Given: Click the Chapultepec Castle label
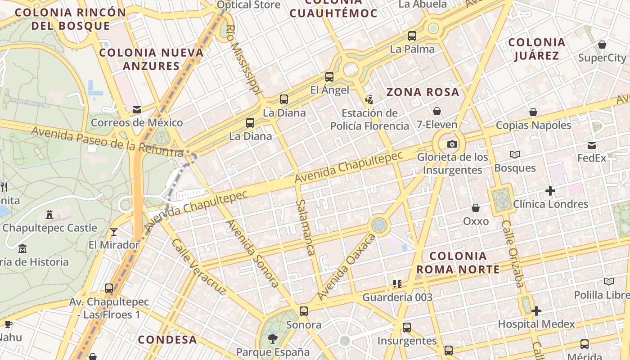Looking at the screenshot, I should (x=49, y=228).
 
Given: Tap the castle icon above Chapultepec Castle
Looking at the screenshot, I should (x=49, y=215).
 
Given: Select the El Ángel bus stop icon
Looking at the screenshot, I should (x=329, y=77).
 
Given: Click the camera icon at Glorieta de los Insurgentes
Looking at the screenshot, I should (x=452, y=144).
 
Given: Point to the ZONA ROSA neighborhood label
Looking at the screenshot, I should (x=423, y=92).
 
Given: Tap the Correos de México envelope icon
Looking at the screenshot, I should (x=137, y=109).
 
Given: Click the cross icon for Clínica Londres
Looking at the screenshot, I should (x=550, y=191).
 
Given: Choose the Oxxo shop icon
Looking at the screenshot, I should (x=476, y=208).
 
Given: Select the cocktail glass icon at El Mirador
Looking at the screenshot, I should (x=114, y=232).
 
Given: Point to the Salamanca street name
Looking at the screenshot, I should (x=305, y=228).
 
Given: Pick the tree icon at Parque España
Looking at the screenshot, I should (x=272, y=338).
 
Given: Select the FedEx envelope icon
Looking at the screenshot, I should (x=592, y=145).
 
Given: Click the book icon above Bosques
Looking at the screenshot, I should (x=515, y=155).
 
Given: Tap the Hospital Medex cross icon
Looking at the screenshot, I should (x=536, y=311).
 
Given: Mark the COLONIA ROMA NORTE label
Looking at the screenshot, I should (x=458, y=263).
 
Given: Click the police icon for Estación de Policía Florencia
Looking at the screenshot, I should (x=369, y=99).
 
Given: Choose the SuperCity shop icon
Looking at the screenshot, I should (x=602, y=45).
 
